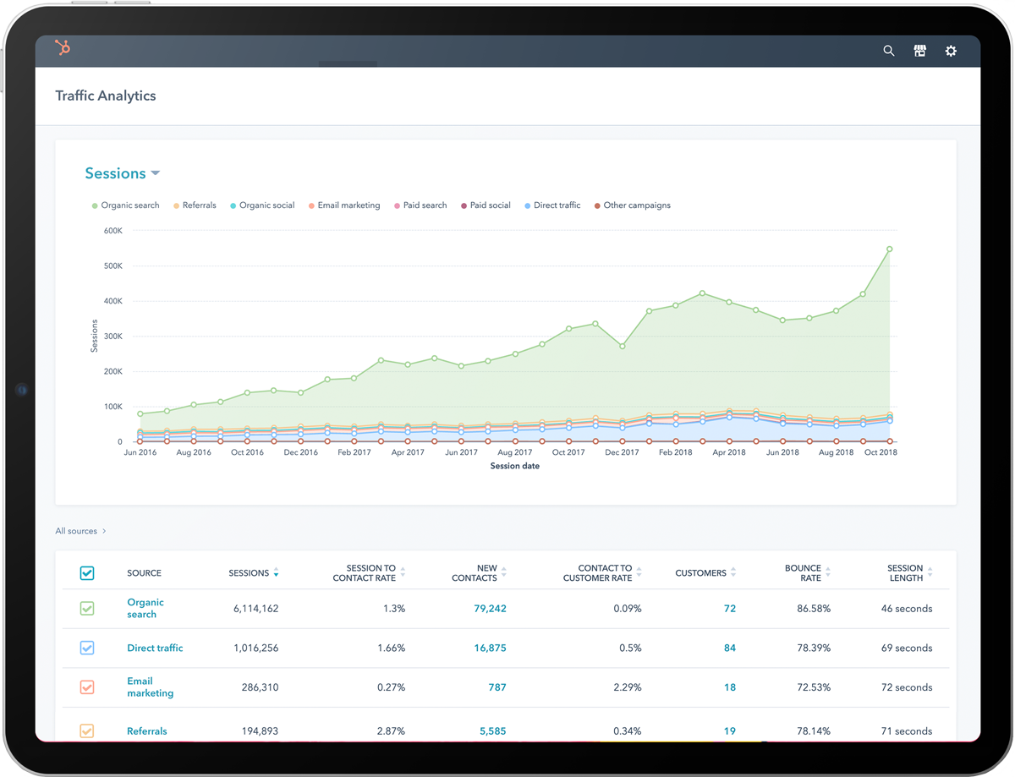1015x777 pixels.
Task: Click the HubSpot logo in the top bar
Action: (63, 49)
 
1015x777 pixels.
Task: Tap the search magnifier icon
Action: (889, 51)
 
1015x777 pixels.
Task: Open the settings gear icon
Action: (951, 51)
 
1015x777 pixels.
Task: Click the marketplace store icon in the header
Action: (919, 51)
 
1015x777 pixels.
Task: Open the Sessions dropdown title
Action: (122, 173)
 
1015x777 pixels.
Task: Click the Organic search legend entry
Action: (125, 205)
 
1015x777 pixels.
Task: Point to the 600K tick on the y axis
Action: (113, 230)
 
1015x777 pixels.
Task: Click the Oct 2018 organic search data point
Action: (890, 249)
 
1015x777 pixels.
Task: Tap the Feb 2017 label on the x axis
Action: (354, 452)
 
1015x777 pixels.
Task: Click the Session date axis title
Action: (514, 466)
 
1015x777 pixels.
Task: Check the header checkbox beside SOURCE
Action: (87, 573)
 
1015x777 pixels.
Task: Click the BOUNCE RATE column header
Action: (803, 573)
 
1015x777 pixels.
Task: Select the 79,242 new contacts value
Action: (490, 609)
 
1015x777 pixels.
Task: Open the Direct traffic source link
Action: (155, 648)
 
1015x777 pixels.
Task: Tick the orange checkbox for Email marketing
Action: (87, 687)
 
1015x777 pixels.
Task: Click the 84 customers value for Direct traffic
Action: (729, 648)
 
